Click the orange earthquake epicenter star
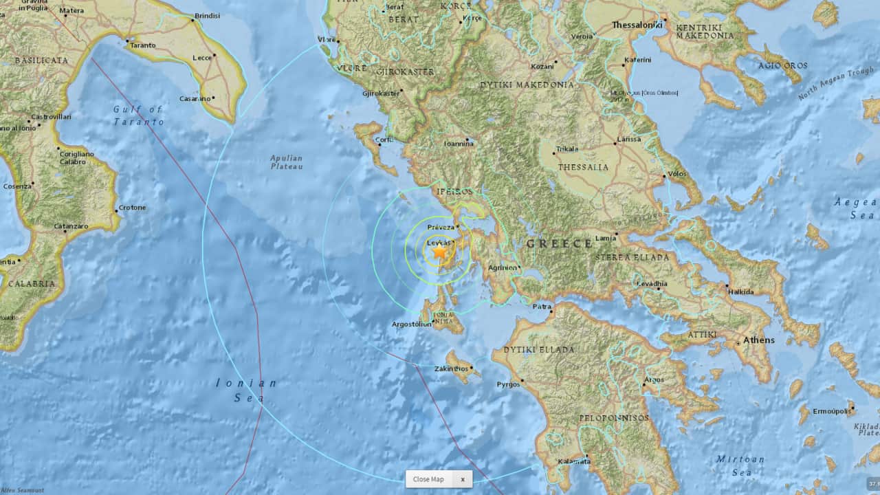[439, 253]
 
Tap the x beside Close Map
[462, 479]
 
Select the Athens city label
[758, 340]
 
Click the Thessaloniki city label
[636, 25]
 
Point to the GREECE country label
[559, 243]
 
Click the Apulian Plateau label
[286, 162]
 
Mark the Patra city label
[542, 307]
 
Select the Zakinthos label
[451, 368]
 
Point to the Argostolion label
[411, 324]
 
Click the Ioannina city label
[459, 144]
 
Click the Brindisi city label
[207, 16]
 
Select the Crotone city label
[132, 208]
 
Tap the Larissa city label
[628, 139]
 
